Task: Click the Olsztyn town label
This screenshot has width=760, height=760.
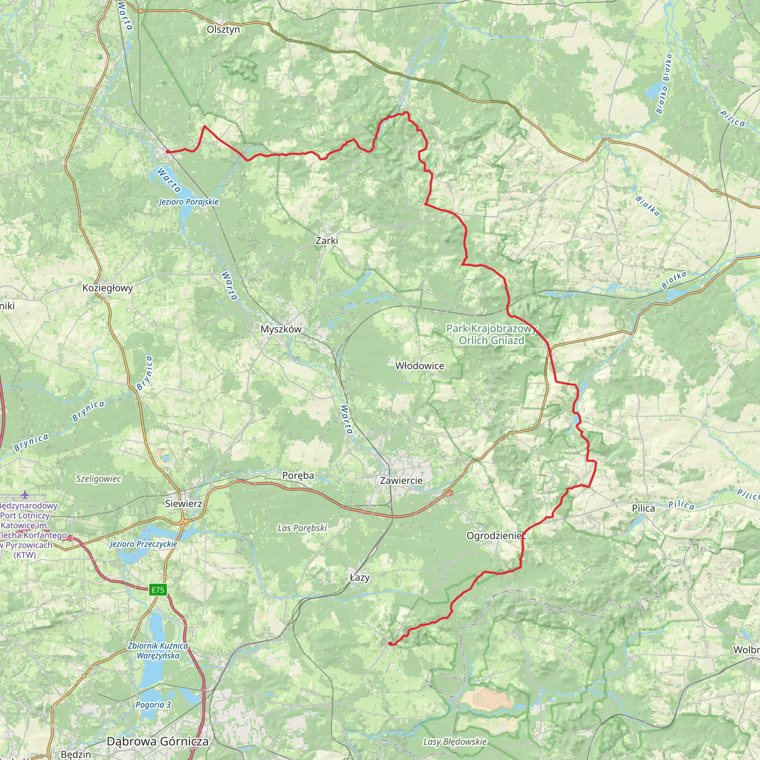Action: point(223,30)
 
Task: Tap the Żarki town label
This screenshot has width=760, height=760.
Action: point(327,240)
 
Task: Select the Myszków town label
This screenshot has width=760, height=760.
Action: point(281,329)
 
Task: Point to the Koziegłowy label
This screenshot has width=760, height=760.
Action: point(107,288)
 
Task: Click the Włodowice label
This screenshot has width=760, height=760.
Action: point(420,366)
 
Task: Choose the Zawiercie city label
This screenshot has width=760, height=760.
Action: point(401,480)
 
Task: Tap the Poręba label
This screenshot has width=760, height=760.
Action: point(298,476)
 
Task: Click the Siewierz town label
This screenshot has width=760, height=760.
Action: point(184,504)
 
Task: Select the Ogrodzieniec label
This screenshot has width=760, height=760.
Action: point(496,536)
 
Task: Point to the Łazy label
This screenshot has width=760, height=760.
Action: point(360,577)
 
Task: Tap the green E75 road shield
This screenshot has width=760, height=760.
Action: point(158,590)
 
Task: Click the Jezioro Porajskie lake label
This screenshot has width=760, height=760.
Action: point(189,202)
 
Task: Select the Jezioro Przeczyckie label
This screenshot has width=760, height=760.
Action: point(143,544)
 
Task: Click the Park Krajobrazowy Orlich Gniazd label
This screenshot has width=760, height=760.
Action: point(491,335)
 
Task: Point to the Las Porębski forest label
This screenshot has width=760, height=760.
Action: point(302,528)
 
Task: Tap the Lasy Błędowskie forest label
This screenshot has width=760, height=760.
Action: point(455,741)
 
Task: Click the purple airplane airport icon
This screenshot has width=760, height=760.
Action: point(25,494)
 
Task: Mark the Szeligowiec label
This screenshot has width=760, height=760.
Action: point(98,479)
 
